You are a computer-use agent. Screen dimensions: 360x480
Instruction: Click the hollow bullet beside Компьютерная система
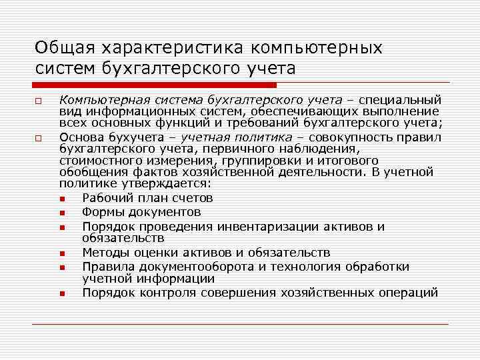click(x=39, y=101)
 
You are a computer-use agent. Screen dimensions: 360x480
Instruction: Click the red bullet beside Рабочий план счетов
click(x=62, y=199)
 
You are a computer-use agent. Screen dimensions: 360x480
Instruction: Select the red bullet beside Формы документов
click(x=62, y=213)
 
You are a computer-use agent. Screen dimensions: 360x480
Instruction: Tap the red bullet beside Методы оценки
click(x=62, y=254)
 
